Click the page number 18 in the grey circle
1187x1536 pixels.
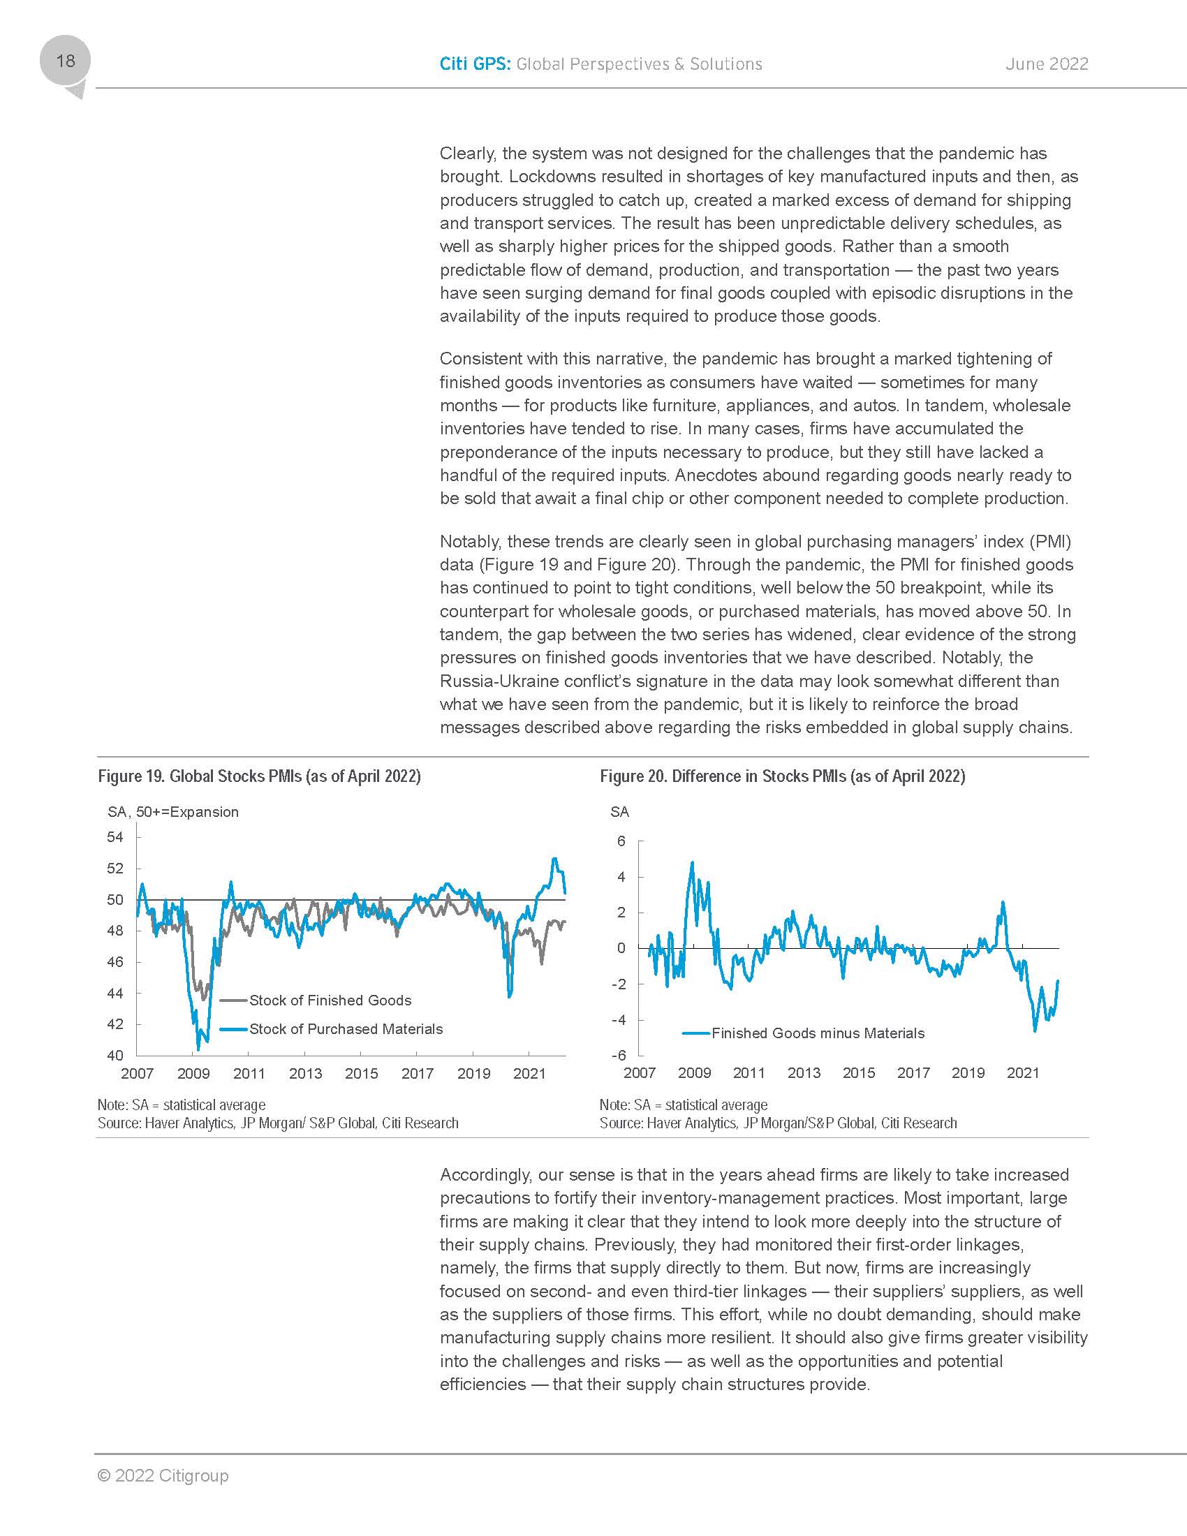coord(66,61)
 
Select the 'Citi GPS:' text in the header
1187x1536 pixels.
coord(475,64)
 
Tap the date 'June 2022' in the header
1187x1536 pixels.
coord(1047,64)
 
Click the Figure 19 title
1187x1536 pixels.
coord(259,776)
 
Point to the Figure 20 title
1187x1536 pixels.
coord(782,776)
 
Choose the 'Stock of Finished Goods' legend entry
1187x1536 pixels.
coord(330,1000)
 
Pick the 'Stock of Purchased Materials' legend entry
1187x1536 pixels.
coord(346,1029)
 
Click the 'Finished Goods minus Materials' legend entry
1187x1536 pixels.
coord(817,1033)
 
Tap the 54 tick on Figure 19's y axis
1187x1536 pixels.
coord(115,837)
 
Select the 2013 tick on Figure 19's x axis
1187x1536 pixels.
coord(305,1074)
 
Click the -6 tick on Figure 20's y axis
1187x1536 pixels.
coord(618,1055)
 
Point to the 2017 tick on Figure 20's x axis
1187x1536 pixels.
coord(913,1073)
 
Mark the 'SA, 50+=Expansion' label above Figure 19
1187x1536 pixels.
coord(173,812)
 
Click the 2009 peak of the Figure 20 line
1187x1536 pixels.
coord(692,862)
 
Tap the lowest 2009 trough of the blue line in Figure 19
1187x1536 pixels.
coord(198,1049)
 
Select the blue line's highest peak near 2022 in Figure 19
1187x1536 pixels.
coord(555,859)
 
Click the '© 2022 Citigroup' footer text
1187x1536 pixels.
coord(163,1475)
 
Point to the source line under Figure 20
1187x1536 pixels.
coord(778,1123)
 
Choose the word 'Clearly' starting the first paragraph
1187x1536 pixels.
coord(468,154)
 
